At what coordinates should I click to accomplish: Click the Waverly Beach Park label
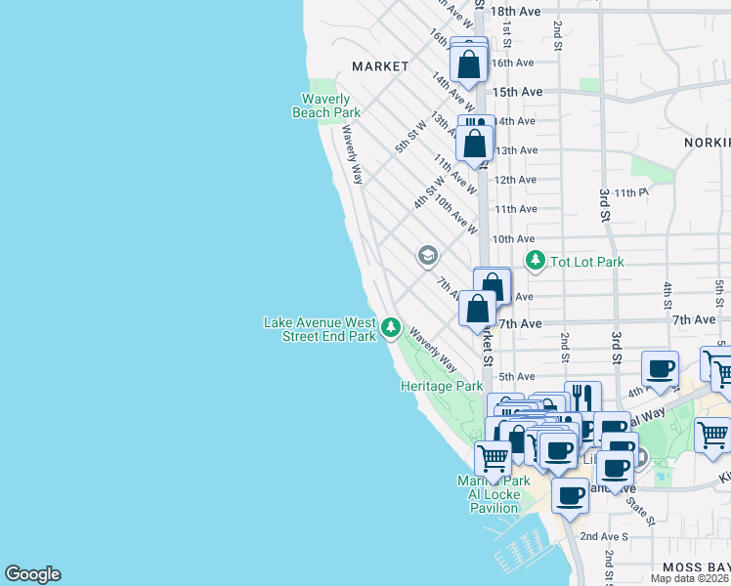326,105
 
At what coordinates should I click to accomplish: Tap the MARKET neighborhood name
380,66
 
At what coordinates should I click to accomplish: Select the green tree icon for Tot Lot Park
535,261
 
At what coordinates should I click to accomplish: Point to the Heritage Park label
442,386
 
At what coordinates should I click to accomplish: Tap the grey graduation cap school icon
427,256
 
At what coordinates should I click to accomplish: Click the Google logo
32,574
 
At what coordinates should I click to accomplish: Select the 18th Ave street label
515,11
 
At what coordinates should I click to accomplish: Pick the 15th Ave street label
517,92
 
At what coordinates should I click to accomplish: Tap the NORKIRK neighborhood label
706,143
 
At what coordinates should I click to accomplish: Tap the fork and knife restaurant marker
582,397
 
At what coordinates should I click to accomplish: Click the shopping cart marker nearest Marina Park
493,456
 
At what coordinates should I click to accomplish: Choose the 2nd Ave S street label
604,536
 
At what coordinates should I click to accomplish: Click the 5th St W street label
410,136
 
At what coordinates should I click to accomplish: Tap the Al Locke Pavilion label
494,495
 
